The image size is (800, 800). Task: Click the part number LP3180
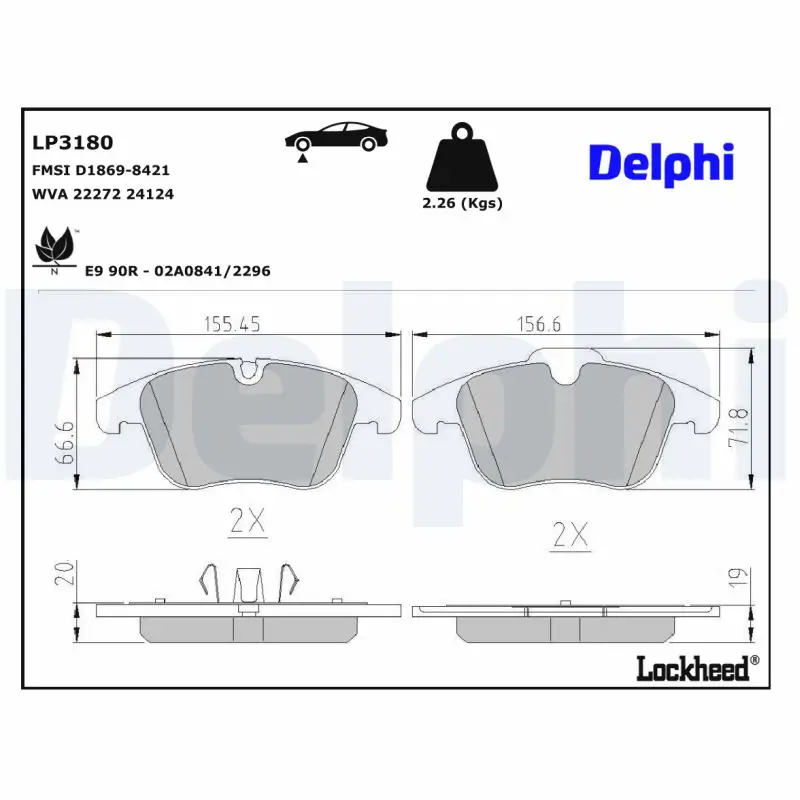[x=73, y=142]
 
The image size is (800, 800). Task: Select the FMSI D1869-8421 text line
[x=102, y=170]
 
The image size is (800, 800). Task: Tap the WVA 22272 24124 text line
[x=104, y=194]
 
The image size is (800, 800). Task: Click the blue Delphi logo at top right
[x=661, y=163]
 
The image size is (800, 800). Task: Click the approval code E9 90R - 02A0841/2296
[x=178, y=271]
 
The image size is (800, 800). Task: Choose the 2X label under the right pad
[x=569, y=536]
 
